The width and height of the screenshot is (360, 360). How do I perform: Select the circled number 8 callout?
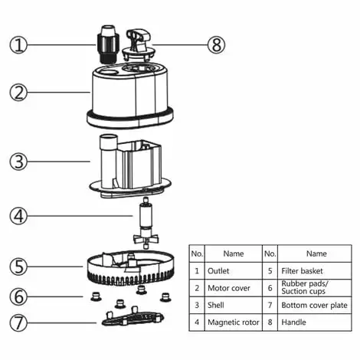(218, 44)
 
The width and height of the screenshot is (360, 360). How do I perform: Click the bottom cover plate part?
(132, 318)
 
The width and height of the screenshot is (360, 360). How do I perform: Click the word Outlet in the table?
(218, 270)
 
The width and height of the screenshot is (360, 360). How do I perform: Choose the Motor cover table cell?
(227, 288)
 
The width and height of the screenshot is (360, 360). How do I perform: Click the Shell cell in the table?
(216, 305)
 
